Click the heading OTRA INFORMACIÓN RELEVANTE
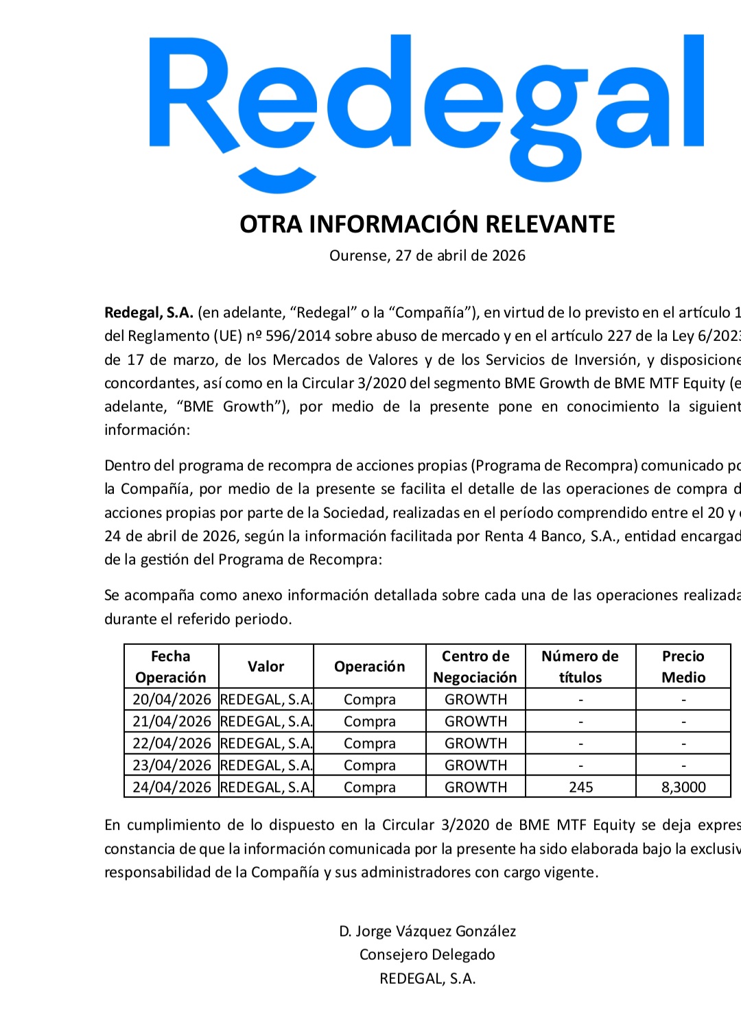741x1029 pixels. tap(427, 224)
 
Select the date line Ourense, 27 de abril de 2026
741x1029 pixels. tap(427, 256)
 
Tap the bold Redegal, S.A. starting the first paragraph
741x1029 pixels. tap(149, 313)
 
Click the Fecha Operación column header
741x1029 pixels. tap(171, 667)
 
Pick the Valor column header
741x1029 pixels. tap(266, 667)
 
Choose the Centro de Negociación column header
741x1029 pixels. tap(475, 667)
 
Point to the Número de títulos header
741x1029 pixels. tap(580, 667)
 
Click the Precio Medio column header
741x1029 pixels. tap(683, 667)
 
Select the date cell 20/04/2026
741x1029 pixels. tap(172, 700)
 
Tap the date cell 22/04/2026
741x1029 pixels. tap(172, 744)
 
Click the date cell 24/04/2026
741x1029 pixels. tap(172, 788)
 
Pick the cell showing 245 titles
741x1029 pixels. tap(580, 788)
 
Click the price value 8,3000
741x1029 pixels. tap(683, 788)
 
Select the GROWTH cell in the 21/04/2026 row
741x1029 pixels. tap(475, 722)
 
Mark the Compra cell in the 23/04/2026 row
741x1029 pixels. tap(370, 766)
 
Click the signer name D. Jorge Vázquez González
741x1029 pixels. tap(427, 932)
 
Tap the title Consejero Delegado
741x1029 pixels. tap(427, 955)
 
